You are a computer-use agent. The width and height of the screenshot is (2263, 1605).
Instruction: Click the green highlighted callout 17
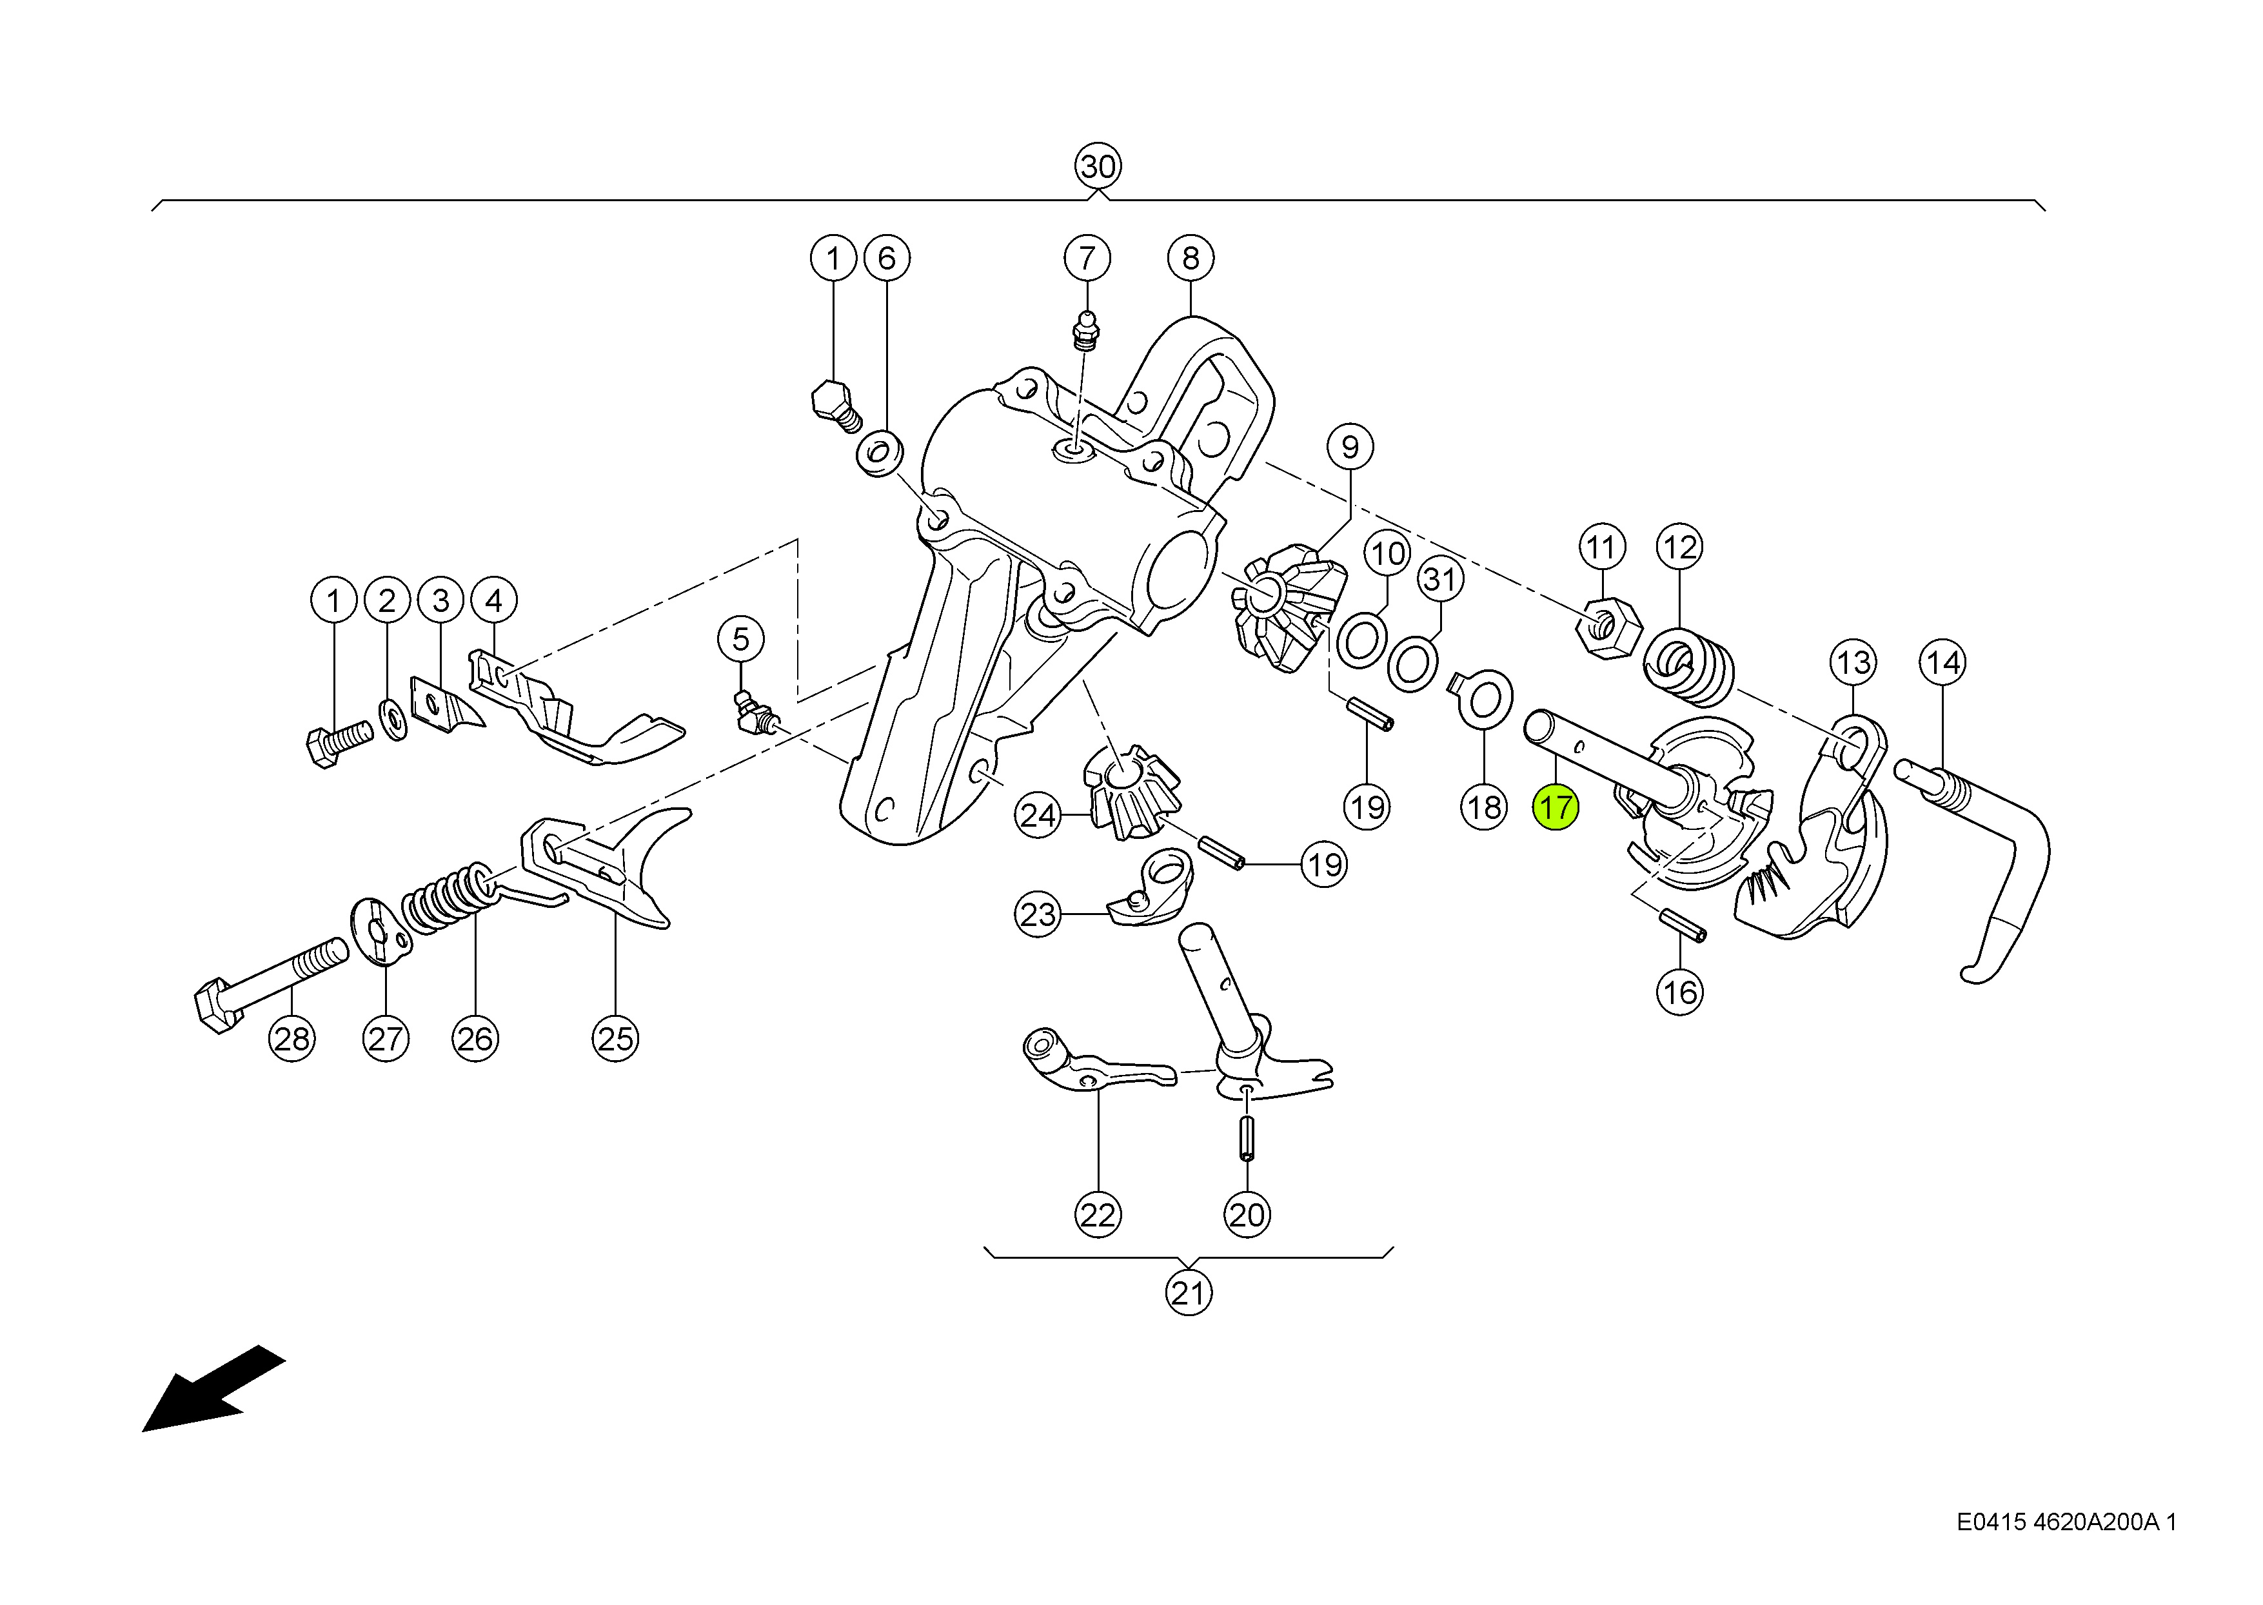(1556, 807)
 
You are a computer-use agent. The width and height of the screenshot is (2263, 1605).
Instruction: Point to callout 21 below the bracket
(1189, 1293)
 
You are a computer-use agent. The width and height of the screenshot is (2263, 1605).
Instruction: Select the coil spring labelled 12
(1689, 669)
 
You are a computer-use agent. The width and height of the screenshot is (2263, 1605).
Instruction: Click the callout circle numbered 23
(1038, 914)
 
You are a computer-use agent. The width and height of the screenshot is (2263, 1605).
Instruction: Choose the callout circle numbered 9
(1350, 447)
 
